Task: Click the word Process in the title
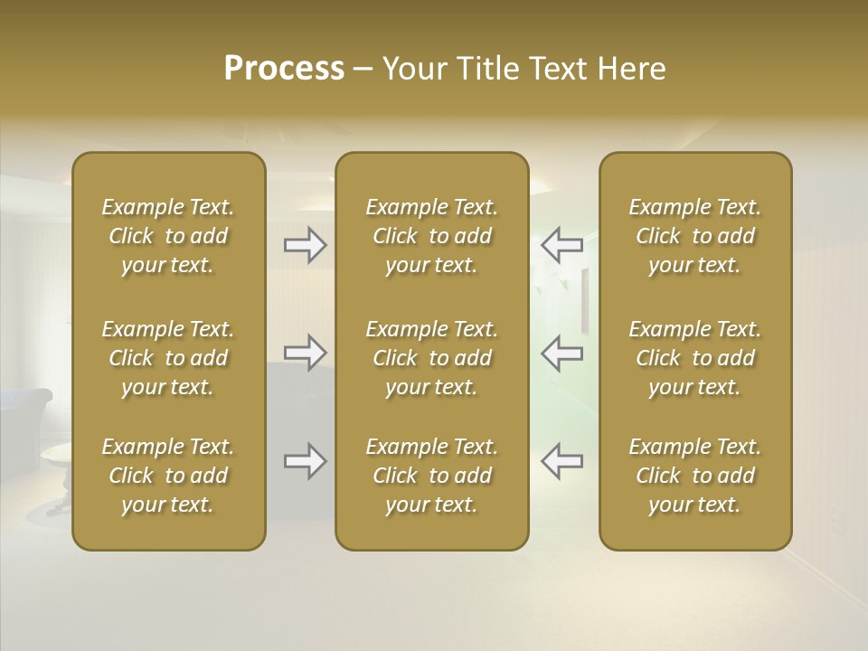click(284, 69)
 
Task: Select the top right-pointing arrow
click(305, 244)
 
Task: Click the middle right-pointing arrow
click(305, 353)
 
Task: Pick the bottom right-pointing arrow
click(305, 461)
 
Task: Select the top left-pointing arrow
click(561, 244)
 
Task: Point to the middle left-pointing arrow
click(561, 353)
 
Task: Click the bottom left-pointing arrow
click(561, 461)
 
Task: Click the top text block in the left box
click(168, 236)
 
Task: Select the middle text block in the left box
click(168, 358)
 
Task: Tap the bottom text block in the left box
click(168, 476)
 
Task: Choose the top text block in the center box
click(431, 236)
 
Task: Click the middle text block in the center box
click(431, 358)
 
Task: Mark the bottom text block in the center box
click(431, 476)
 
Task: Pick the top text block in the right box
click(694, 236)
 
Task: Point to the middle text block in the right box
click(694, 358)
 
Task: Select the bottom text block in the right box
click(694, 476)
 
